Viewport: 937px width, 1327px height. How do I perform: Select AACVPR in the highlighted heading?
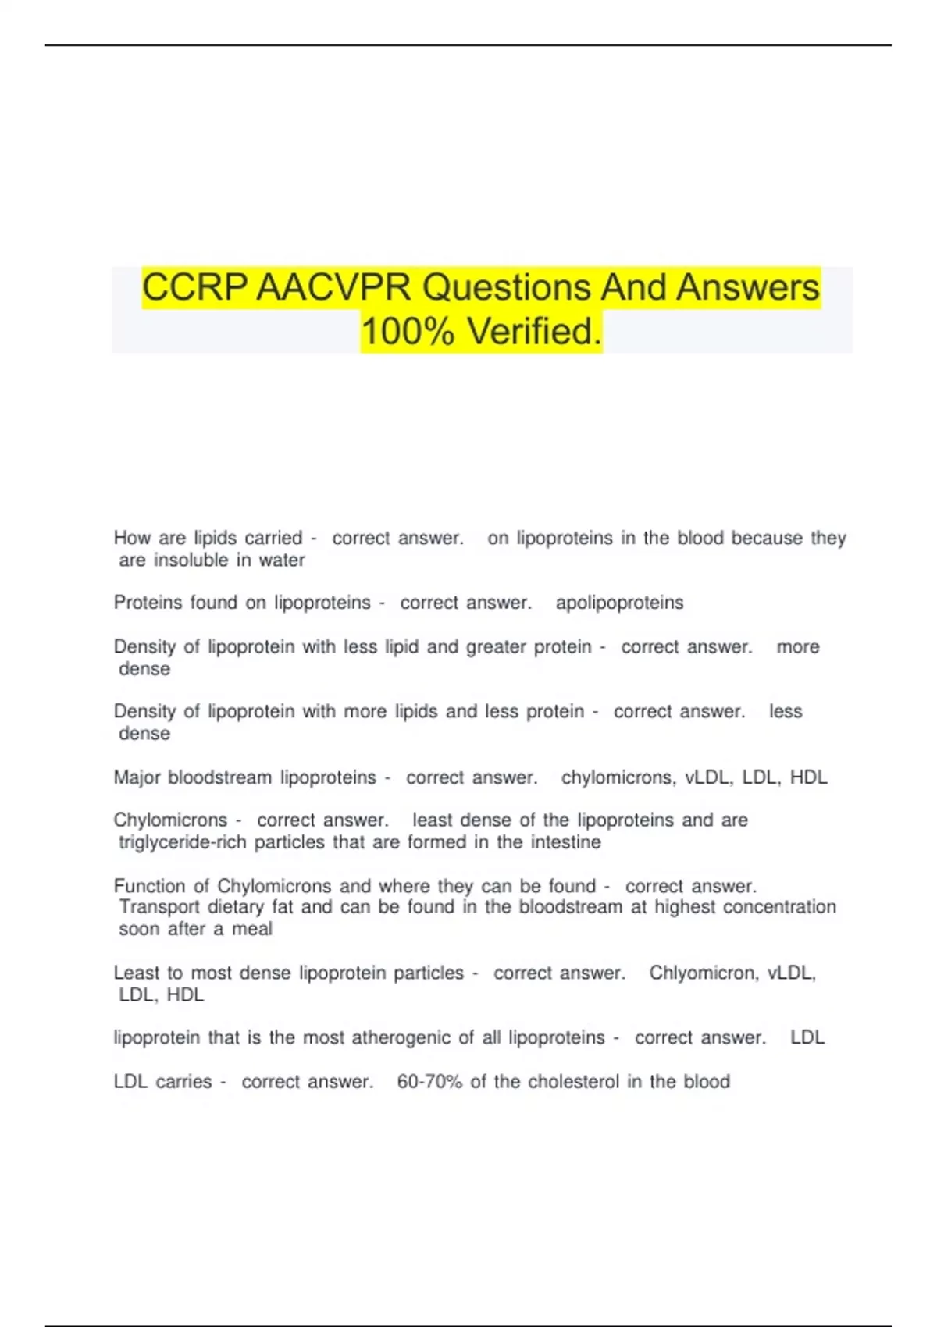click(x=333, y=287)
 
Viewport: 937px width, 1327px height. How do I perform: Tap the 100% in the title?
click(x=408, y=332)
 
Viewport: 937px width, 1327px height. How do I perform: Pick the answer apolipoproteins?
click(x=619, y=603)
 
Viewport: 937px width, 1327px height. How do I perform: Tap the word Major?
click(x=137, y=777)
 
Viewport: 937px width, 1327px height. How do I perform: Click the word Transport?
click(x=159, y=907)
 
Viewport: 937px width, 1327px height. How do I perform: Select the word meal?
click(x=252, y=929)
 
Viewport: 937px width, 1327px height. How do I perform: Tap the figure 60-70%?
click(x=429, y=1082)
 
